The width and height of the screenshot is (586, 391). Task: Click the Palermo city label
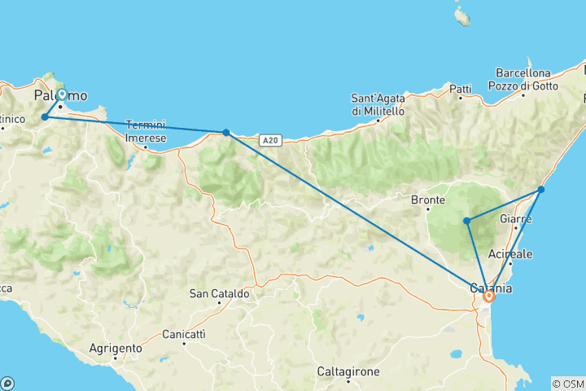(x=60, y=96)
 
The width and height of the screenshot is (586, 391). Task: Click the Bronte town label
(x=428, y=200)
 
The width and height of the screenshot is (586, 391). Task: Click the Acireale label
(x=510, y=254)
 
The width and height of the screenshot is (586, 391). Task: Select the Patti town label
(x=460, y=88)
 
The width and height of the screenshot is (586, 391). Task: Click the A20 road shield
(x=271, y=140)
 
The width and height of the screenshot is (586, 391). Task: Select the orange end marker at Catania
(x=488, y=297)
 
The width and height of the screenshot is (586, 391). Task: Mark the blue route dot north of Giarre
(x=540, y=190)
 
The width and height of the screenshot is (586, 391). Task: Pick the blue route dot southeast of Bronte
(x=466, y=221)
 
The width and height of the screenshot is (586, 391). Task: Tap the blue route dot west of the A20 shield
(x=225, y=132)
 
